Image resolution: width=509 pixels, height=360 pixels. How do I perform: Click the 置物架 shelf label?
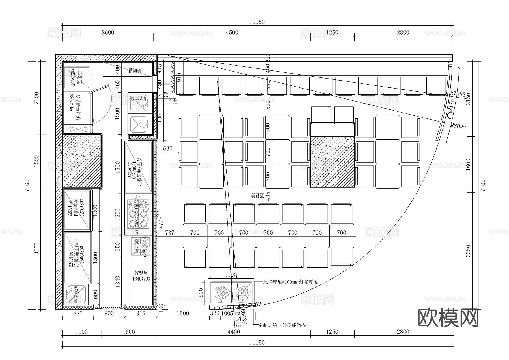(x=135, y=71)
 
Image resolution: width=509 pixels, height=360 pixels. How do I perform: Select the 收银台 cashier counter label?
(x=141, y=273)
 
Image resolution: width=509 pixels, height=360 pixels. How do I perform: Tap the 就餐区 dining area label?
(x=257, y=195)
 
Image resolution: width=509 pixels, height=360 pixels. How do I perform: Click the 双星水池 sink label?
(x=139, y=99)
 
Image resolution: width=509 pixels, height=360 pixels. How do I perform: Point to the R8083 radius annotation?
(x=458, y=126)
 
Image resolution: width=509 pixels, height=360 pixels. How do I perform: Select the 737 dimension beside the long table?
(x=169, y=233)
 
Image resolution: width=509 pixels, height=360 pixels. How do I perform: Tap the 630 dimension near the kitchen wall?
(x=167, y=149)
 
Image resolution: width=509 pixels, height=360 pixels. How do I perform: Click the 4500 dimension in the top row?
(x=232, y=32)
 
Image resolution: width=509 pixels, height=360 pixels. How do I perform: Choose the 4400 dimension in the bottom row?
(x=234, y=332)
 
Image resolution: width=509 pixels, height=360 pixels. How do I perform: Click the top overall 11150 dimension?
(x=257, y=22)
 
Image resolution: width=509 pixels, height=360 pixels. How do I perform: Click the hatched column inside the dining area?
(x=332, y=162)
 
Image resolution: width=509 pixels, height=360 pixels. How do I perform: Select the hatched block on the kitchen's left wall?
(x=82, y=161)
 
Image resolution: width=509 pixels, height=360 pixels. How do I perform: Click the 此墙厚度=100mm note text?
(x=291, y=282)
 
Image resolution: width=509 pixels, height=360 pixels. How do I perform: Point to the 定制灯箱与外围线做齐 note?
(x=282, y=325)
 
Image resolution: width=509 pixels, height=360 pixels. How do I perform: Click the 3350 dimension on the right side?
(x=468, y=251)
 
